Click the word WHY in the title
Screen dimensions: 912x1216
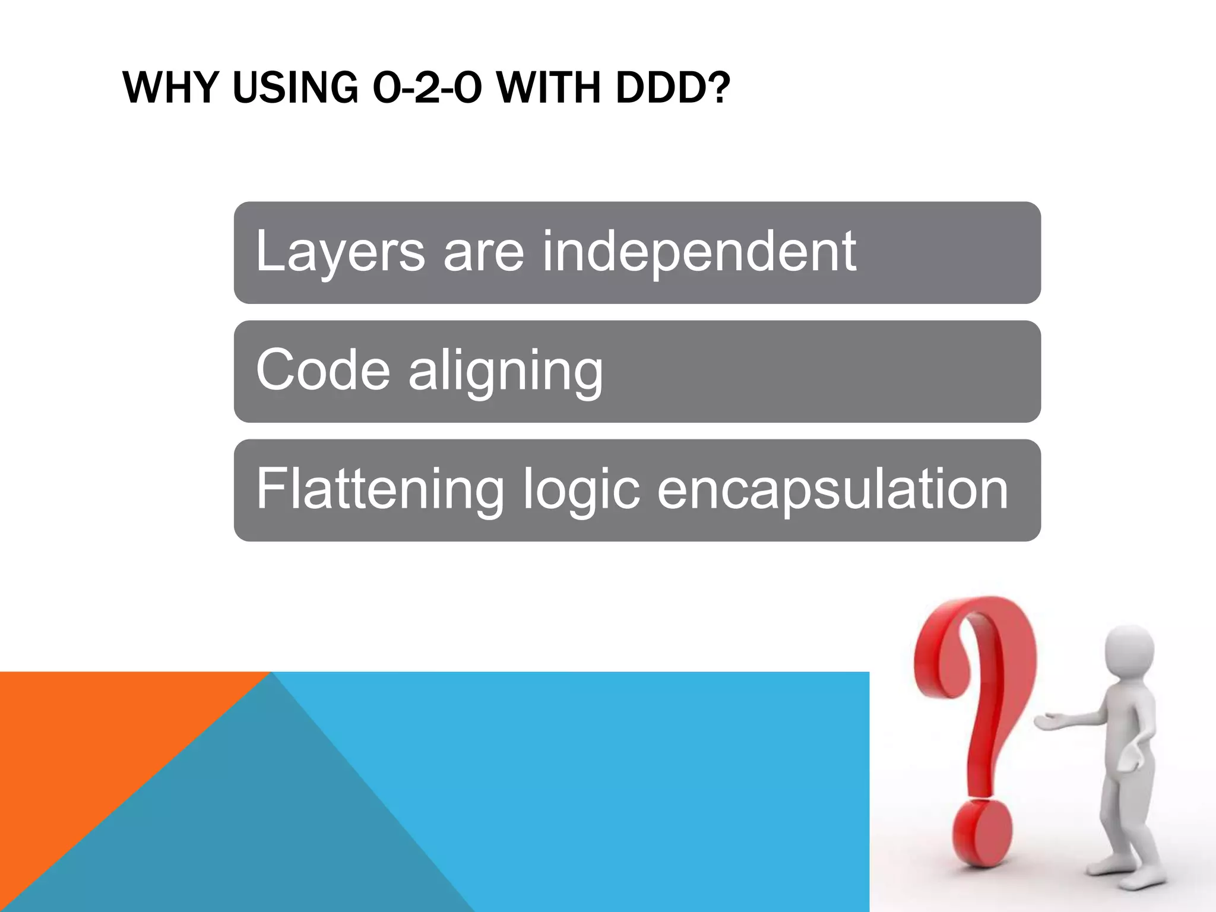click(x=167, y=88)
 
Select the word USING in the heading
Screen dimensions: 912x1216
click(x=295, y=88)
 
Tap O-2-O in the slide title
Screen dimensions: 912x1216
click(x=426, y=88)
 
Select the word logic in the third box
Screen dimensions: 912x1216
click(x=581, y=490)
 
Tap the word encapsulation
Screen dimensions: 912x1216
click(x=832, y=490)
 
